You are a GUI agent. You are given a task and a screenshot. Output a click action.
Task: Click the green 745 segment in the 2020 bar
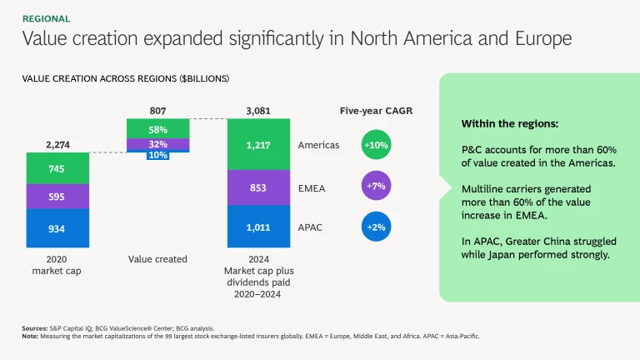[57, 168]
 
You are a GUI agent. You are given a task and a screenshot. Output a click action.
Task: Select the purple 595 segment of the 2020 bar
[57, 197]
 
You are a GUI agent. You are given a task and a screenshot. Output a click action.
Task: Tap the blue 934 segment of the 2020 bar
[57, 228]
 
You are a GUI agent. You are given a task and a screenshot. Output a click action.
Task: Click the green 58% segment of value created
[158, 129]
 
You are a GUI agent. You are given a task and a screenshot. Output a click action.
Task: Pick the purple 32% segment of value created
[158, 144]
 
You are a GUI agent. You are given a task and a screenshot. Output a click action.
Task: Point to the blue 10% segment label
[158, 156]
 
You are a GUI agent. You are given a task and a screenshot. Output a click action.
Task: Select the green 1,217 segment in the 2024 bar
[259, 145]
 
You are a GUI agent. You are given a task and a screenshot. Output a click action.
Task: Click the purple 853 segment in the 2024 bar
[259, 187]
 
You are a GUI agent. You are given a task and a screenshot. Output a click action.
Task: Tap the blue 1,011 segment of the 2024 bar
[259, 227]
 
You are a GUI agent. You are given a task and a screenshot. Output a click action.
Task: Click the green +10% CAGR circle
[376, 145]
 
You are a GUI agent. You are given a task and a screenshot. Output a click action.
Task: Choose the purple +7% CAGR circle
[376, 187]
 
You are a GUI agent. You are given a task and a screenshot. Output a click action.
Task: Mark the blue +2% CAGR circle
[376, 227]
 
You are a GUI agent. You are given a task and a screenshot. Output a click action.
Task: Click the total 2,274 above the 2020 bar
[57, 144]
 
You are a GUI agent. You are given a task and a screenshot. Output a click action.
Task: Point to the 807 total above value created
[158, 110]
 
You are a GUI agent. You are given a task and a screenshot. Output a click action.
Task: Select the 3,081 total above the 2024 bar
[259, 110]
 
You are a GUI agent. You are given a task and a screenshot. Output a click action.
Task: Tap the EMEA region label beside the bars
[312, 187]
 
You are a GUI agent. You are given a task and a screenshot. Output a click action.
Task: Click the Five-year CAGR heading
[376, 110]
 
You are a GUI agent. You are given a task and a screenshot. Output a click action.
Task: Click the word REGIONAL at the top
[46, 18]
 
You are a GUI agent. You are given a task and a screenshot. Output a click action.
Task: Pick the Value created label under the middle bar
[158, 259]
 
